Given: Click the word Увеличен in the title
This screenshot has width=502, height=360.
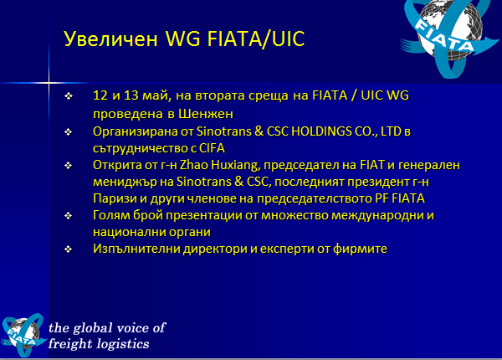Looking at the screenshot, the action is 110,39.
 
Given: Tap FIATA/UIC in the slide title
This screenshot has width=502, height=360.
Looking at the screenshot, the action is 256,39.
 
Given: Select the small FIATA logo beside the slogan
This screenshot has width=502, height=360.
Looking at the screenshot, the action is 23,335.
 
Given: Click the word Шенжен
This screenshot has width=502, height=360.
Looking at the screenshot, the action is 206,114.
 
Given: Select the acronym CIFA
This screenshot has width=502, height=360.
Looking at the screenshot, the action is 212,148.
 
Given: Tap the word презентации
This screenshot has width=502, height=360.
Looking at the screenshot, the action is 204,215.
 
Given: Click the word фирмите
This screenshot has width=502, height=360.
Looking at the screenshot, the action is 360,249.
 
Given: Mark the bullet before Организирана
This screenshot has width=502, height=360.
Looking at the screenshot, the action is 69,131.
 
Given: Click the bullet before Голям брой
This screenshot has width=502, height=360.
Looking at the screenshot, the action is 69,215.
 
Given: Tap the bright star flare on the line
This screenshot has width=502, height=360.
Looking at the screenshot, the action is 49,83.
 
